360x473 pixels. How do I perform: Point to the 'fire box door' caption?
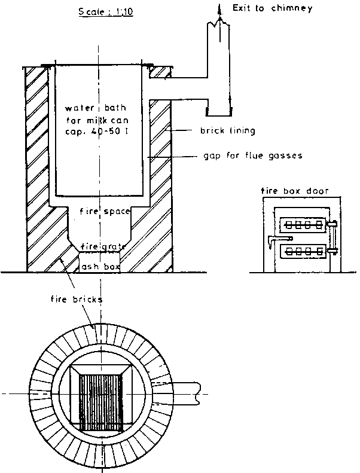tap(289, 191)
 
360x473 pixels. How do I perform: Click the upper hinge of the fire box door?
tap(332, 225)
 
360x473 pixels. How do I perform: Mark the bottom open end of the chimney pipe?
tap(219, 110)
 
